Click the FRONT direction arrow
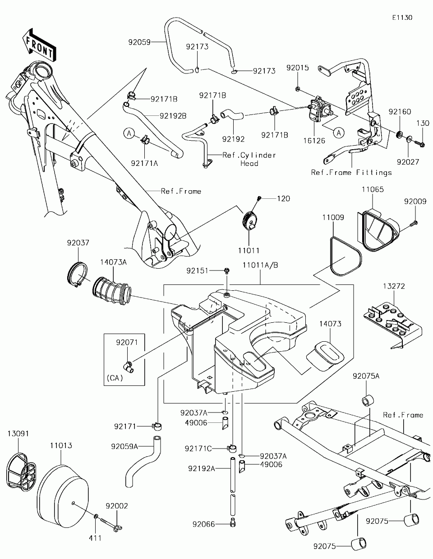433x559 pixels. coord(40,44)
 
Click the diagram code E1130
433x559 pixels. coord(402,18)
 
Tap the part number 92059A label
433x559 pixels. coord(124,446)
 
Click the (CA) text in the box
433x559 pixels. coord(115,378)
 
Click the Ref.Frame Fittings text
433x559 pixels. coord(351,172)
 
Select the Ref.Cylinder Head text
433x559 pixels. coord(249,159)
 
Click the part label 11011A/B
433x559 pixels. coord(260,266)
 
